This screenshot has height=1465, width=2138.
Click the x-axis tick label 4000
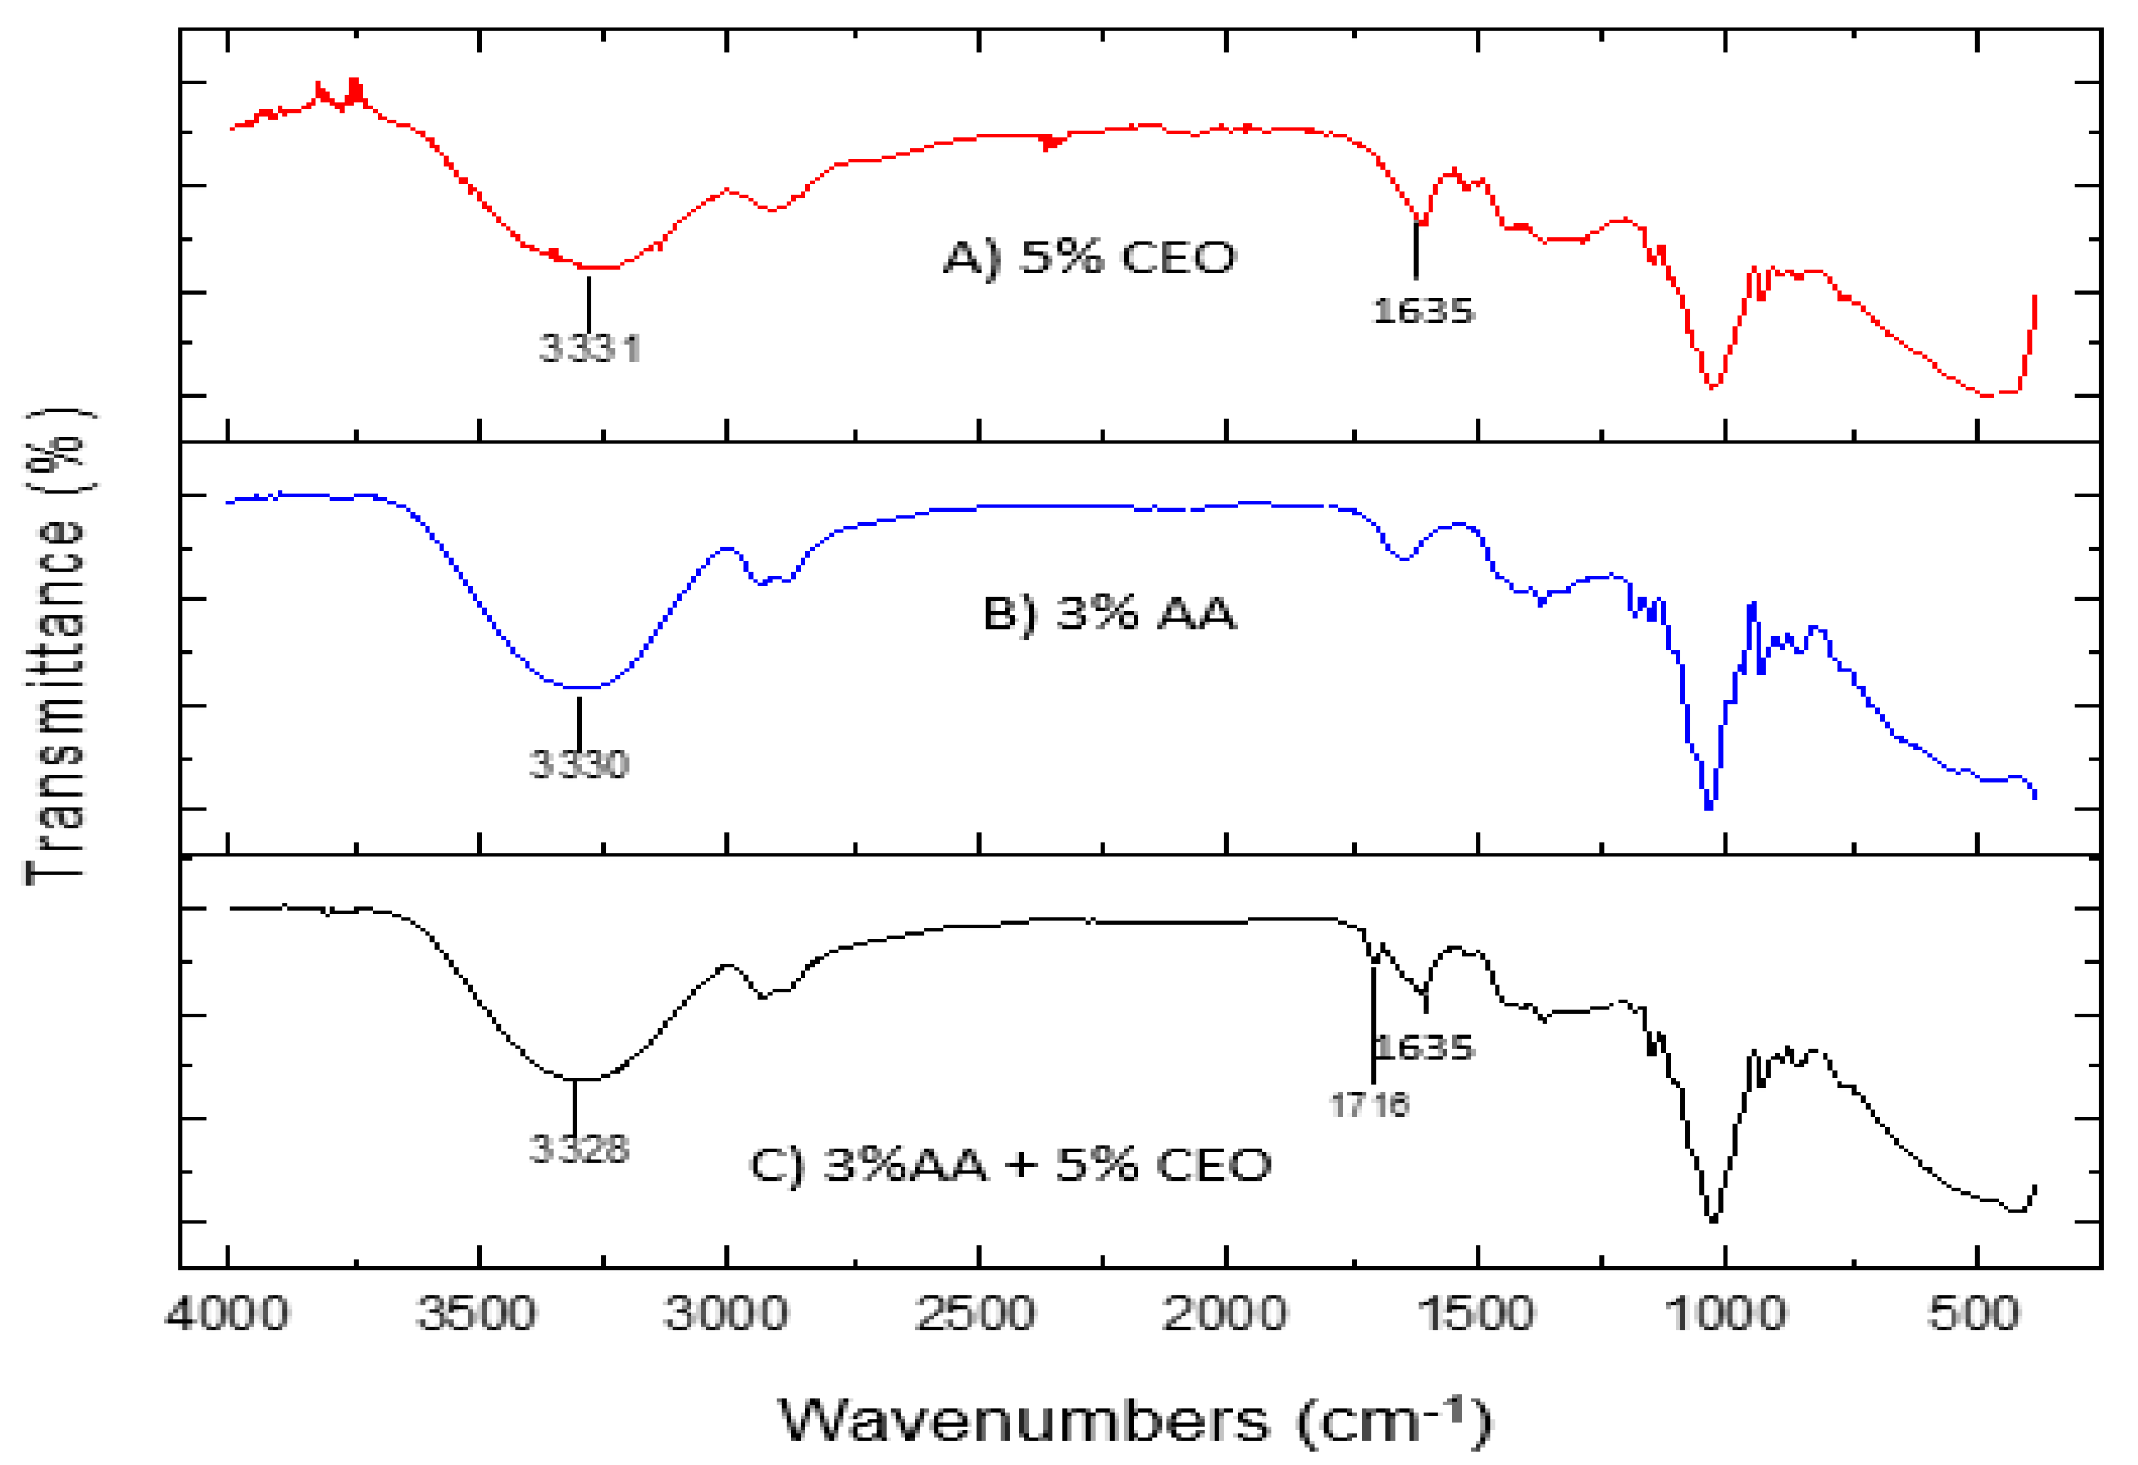[x=227, y=1314]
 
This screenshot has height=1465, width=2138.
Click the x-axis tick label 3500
[x=475, y=1314]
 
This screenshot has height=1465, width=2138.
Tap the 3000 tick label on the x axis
[x=726, y=1314]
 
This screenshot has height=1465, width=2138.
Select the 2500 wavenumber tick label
[x=976, y=1314]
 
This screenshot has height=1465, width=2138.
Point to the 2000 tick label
[x=1225, y=1314]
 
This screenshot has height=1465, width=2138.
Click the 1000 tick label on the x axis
[x=1726, y=1314]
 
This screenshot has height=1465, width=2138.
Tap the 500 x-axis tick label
[x=1974, y=1314]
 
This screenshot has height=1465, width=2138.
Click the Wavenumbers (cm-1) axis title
[x=1133, y=1420]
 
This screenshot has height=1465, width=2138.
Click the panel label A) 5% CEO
[x=1090, y=257]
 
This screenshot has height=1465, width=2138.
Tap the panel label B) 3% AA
[x=1110, y=613]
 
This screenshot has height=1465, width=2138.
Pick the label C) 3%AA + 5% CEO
[x=1010, y=1165]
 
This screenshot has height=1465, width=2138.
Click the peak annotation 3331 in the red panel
[x=589, y=349]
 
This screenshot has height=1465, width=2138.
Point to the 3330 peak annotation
[x=579, y=764]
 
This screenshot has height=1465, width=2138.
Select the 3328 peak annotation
[x=579, y=1149]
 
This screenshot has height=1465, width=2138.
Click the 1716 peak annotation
[x=1370, y=1105]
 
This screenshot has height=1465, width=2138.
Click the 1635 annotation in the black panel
[x=1426, y=1047]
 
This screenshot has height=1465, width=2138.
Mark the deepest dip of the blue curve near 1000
[x=1709, y=807]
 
